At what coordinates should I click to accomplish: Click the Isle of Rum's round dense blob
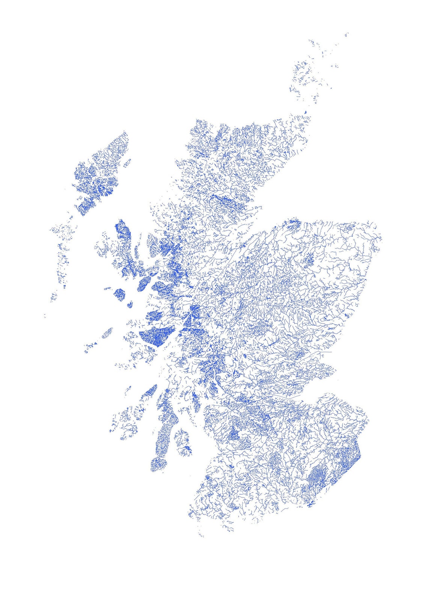[119, 293]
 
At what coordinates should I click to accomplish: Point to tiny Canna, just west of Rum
[108, 289]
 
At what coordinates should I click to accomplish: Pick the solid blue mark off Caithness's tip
[306, 112]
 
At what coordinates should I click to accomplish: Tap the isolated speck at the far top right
[347, 35]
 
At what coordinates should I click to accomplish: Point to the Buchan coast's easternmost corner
[380, 238]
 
